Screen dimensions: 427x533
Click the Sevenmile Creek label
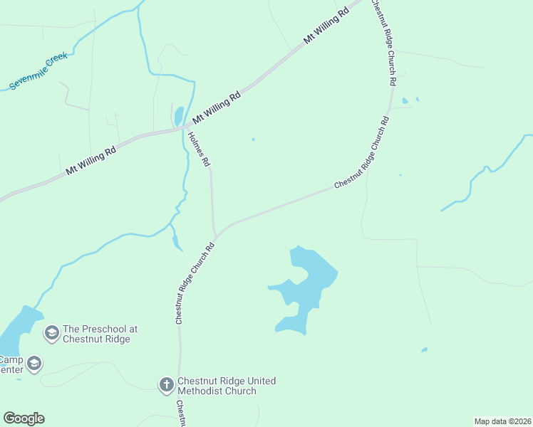point(38,70)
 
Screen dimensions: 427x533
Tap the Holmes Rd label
point(200,148)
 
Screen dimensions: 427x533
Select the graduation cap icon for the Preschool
point(51,332)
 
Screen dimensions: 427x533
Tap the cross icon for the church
point(166,385)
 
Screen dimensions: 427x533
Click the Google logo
point(24,418)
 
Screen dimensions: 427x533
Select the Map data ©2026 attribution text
point(502,421)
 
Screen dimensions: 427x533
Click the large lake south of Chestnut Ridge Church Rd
point(308,285)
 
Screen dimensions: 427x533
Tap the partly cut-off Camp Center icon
point(33,364)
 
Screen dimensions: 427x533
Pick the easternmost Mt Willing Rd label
point(326,28)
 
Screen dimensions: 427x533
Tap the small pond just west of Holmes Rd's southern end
point(176,240)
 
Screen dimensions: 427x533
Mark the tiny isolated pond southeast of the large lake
point(425,349)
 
